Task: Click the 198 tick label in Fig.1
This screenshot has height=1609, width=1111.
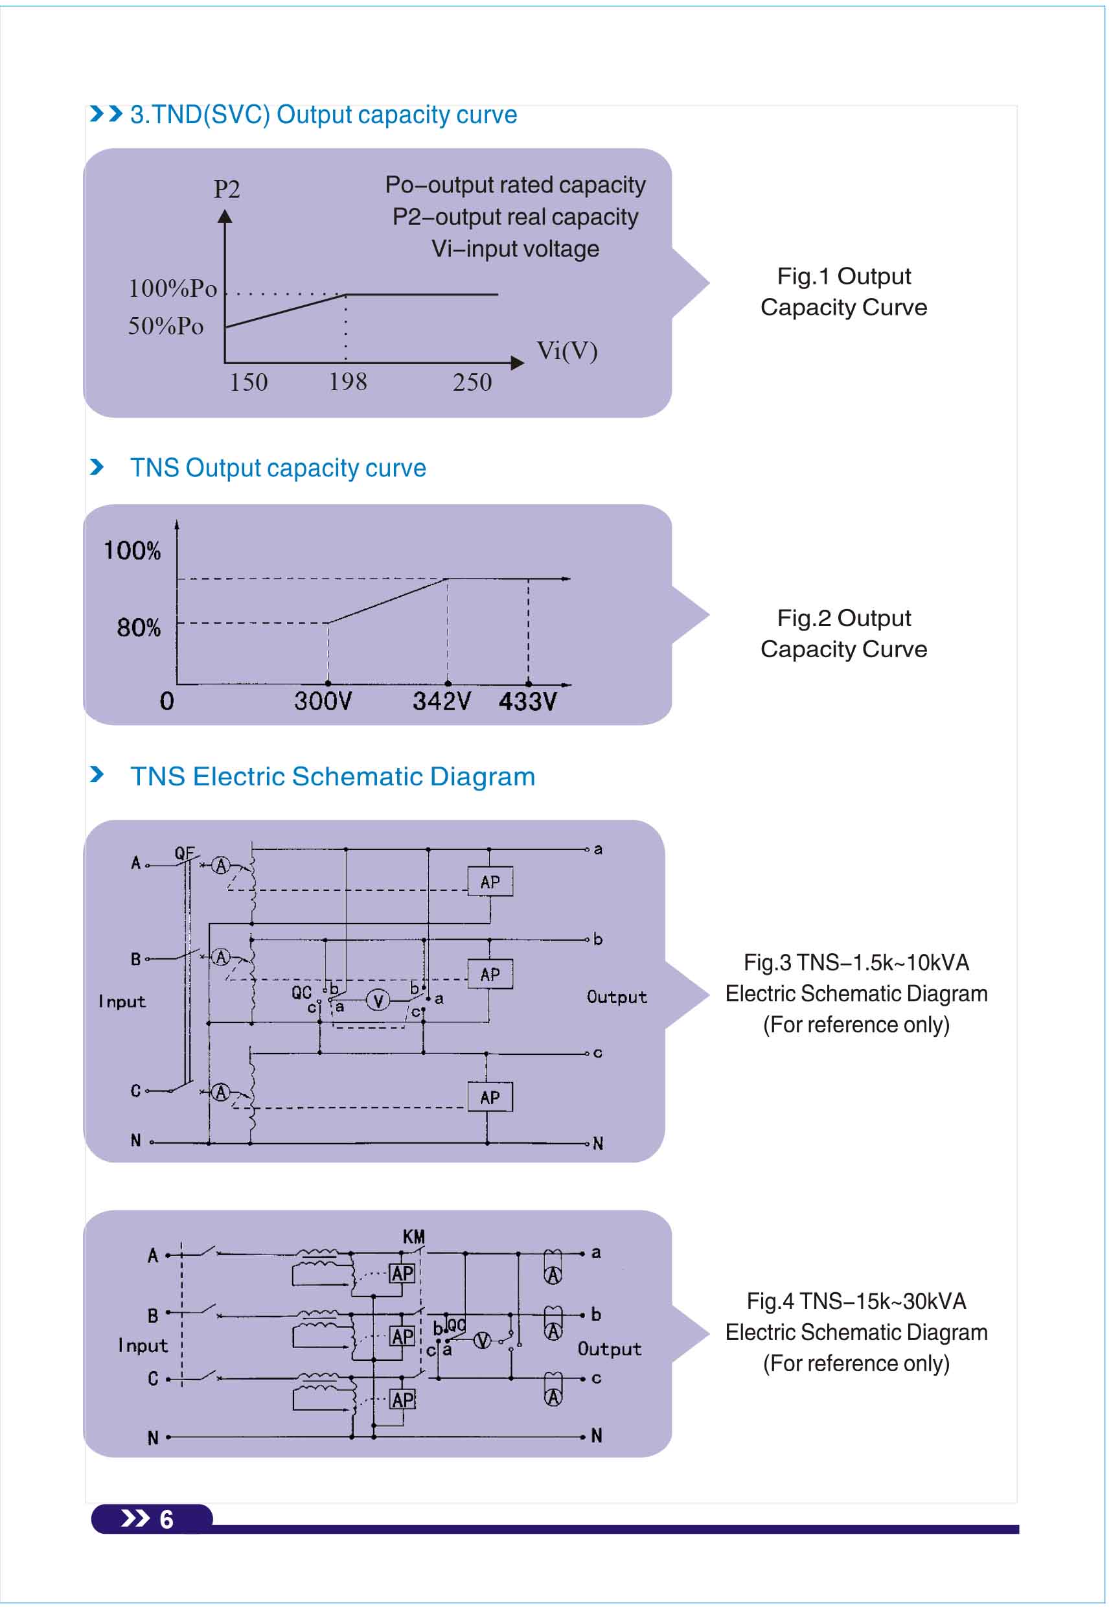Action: pyautogui.click(x=347, y=382)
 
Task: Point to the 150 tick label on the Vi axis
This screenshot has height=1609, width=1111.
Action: pyautogui.click(x=249, y=382)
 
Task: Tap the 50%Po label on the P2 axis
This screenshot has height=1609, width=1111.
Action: pyautogui.click(x=166, y=326)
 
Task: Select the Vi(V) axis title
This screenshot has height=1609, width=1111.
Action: pyautogui.click(x=567, y=351)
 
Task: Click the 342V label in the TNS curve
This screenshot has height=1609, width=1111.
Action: pyautogui.click(x=441, y=701)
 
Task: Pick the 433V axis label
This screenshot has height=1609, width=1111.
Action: pyautogui.click(x=528, y=701)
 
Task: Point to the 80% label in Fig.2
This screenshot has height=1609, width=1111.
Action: pyautogui.click(x=139, y=628)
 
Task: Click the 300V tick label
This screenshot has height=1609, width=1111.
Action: pyautogui.click(x=323, y=701)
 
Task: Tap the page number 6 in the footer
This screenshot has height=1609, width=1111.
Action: pyautogui.click(x=166, y=1519)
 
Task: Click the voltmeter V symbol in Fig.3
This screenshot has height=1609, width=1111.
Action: pyautogui.click(x=378, y=1001)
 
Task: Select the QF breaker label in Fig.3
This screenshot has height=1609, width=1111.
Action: pyautogui.click(x=185, y=853)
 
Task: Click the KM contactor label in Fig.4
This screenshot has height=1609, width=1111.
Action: pyautogui.click(x=413, y=1236)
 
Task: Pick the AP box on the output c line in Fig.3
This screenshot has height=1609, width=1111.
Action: pyautogui.click(x=490, y=1097)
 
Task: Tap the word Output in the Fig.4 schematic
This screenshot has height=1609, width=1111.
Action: pyautogui.click(x=609, y=1349)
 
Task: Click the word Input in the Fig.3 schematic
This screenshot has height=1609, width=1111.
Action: pyautogui.click(x=122, y=1002)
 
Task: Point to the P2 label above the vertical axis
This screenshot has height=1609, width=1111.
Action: pyautogui.click(x=227, y=189)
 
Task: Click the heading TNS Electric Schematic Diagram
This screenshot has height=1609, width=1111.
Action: pyautogui.click(x=333, y=776)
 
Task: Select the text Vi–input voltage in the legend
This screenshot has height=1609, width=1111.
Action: pyautogui.click(x=515, y=249)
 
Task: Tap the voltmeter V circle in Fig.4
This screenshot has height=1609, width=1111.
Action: pyautogui.click(x=482, y=1340)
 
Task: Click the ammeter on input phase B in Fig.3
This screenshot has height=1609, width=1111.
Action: pyautogui.click(x=222, y=957)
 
